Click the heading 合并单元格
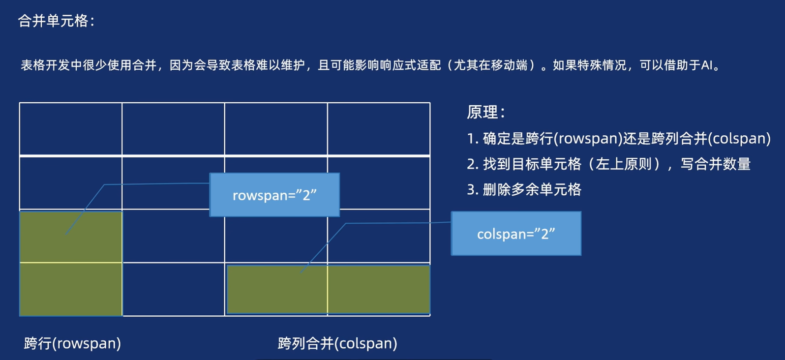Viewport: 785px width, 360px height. (56, 21)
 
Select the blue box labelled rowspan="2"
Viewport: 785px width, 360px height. (274, 195)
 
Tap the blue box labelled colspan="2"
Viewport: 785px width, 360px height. (516, 234)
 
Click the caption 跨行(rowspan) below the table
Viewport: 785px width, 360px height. (72, 343)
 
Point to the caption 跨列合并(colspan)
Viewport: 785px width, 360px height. (337, 343)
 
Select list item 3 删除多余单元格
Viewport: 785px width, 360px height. (524, 189)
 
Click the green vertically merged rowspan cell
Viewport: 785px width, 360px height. (71, 264)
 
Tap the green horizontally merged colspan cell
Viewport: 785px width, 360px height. (328, 290)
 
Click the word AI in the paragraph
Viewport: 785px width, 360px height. (707, 65)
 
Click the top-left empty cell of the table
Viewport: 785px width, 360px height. (71, 129)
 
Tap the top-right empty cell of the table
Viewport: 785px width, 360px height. (379, 129)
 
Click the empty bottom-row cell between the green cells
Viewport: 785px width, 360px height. (174, 289)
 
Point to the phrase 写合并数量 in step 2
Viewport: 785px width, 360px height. (716, 164)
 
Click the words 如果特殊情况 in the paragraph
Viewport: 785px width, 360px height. (589, 65)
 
